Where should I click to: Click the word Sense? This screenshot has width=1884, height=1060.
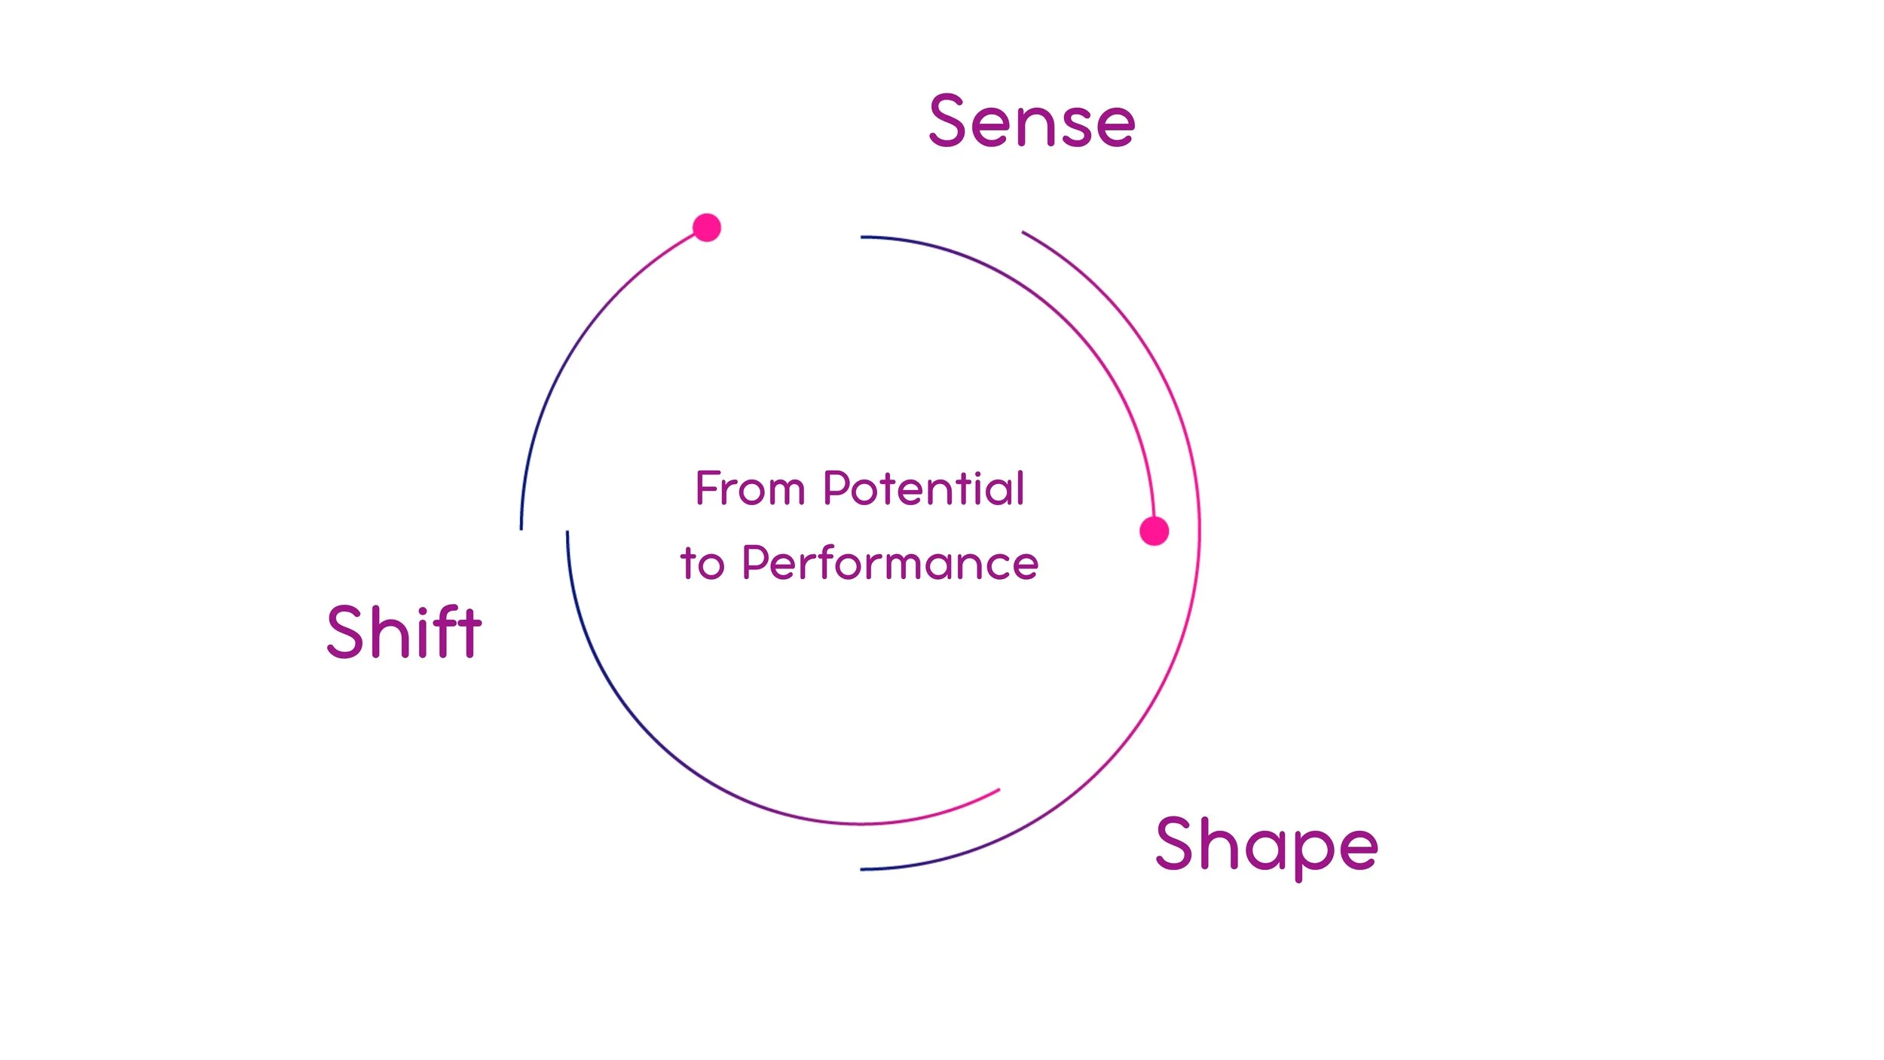point(1032,121)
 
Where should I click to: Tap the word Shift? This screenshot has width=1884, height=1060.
point(404,632)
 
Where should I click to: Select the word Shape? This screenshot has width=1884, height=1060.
point(1267,845)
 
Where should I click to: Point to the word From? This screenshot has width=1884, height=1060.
point(750,489)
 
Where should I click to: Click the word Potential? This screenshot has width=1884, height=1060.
point(924,489)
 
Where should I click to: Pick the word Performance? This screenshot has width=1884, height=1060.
point(890,563)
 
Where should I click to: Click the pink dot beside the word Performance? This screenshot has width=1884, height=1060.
point(1154,531)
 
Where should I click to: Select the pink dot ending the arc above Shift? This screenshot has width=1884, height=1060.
point(707,227)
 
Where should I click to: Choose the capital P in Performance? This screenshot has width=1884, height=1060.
point(757,562)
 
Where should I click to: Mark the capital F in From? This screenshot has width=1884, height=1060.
point(707,488)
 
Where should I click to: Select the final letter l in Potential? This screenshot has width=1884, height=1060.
point(1020,487)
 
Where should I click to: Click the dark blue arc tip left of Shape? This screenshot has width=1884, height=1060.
point(862,869)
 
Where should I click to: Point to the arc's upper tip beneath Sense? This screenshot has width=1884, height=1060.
point(1023,232)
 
